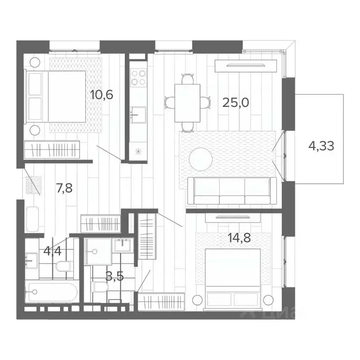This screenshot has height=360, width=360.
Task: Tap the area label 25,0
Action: coord(235,102)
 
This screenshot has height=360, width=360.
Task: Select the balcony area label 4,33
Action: coord(321,146)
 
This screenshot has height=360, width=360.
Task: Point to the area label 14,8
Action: coord(239,237)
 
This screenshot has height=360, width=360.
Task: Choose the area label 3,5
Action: coord(114,276)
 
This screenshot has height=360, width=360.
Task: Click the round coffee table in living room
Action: coord(201,160)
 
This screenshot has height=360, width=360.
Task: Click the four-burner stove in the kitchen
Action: coord(138,77)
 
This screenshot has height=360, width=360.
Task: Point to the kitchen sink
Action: coord(138,113)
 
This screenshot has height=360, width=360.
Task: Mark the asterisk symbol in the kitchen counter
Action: coord(138,151)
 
